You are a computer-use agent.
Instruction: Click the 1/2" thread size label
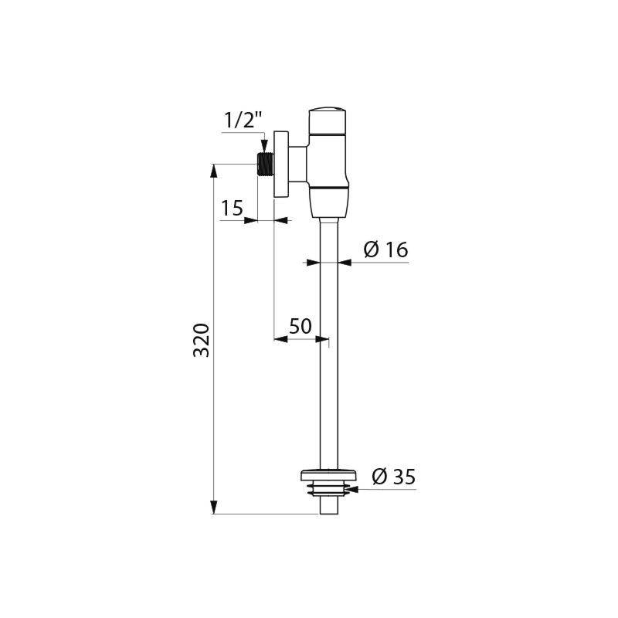click(243, 121)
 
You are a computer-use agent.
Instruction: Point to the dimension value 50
click(301, 326)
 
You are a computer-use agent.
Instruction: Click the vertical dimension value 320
click(201, 340)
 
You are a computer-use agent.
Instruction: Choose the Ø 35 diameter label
click(392, 477)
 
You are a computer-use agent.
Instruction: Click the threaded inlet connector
click(266, 165)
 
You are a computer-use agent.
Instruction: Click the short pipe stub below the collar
click(328, 505)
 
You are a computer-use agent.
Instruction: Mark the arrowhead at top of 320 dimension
click(214, 168)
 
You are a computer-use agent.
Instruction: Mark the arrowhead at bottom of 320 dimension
click(214, 509)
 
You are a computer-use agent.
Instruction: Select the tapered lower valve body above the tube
click(328, 202)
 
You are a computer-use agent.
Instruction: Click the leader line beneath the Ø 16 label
click(379, 263)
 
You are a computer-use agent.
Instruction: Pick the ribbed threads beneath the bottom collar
click(328, 488)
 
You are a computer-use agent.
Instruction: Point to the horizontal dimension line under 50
click(301, 338)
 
